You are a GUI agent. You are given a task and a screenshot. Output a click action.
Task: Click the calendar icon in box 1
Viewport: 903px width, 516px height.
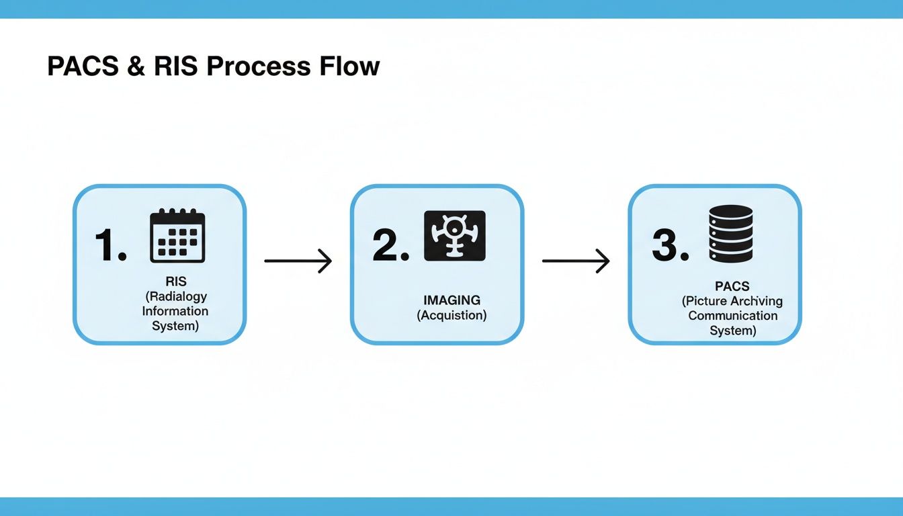pos(177,236)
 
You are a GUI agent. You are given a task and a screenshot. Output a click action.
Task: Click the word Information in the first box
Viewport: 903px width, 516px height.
pos(175,311)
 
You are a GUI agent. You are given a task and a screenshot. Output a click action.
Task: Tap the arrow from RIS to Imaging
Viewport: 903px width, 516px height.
pos(298,261)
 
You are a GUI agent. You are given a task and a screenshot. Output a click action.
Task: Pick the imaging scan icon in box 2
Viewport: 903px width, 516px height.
pos(455,236)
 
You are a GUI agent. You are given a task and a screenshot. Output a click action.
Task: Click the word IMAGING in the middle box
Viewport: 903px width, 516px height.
pos(451,300)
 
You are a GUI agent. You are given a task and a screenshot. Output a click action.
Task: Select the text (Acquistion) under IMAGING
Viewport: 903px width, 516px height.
pos(451,315)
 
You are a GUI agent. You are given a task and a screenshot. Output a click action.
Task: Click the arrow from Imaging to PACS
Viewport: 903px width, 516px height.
pos(576,261)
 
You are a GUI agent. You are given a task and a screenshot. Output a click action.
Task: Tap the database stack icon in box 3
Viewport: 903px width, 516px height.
pos(731,233)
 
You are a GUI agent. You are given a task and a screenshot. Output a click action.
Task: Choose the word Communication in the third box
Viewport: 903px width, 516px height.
pos(732,316)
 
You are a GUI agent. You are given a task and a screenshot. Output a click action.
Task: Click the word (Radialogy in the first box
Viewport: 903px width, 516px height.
pos(175,297)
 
